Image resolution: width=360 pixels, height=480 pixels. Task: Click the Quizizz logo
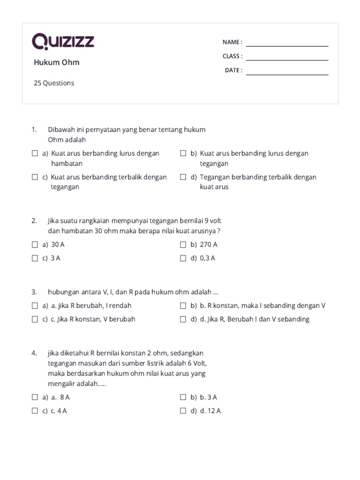click(x=63, y=42)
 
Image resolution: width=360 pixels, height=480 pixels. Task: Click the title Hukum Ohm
click(x=56, y=62)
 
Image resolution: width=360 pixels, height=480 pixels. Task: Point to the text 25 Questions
click(x=54, y=83)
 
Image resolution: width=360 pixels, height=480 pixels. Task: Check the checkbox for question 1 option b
click(x=183, y=153)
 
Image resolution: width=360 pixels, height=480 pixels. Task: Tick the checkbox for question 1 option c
click(x=35, y=177)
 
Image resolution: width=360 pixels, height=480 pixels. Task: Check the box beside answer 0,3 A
click(x=183, y=258)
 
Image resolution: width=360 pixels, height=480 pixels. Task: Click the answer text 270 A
click(x=209, y=244)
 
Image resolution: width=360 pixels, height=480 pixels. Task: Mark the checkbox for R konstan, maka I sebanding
click(x=183, y=306)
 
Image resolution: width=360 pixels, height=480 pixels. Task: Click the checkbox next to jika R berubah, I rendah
click(x=35, y=306)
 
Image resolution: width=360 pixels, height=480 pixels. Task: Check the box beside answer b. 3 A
click(x=183, y=397)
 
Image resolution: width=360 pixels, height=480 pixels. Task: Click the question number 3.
click(x=34, y=292)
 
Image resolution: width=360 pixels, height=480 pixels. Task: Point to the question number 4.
click(x=34, y=353)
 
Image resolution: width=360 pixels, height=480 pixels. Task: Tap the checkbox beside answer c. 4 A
click(x=35, y=411)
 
